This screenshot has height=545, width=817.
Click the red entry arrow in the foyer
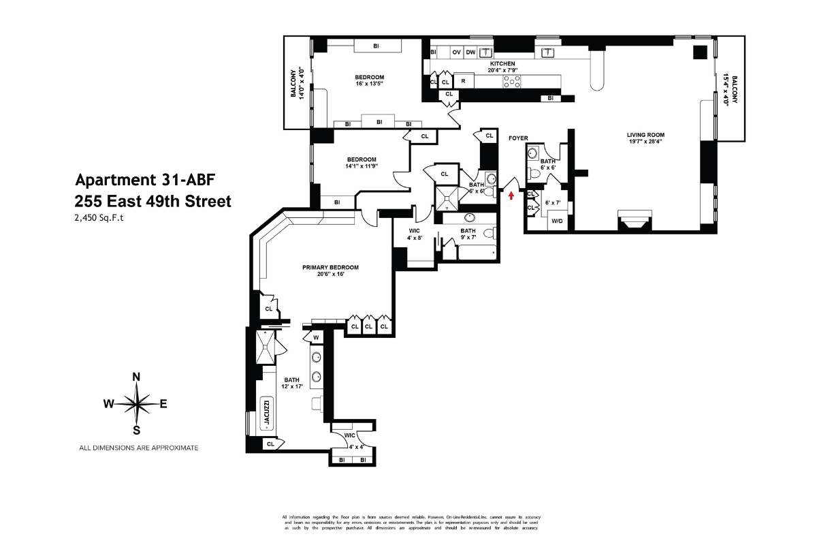click(511, 196)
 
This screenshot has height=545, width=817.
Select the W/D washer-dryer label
click(556, 221)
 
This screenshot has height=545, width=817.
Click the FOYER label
click(518, 138)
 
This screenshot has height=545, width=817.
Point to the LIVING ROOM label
click(645, 134)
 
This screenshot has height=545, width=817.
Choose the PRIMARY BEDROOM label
click(330, 267)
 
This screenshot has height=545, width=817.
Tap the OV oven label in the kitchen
click(456, 52)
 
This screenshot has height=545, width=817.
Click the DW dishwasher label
click(470, 52)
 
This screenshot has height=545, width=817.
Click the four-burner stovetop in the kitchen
click(512, 81)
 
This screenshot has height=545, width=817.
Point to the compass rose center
click(136, 403)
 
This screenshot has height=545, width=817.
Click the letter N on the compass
click(136, 377)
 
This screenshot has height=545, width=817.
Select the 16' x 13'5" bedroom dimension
click(370, 84)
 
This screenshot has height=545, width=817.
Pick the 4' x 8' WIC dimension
click(415, 238)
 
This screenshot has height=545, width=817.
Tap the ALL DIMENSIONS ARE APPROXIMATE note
click(139, 448)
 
